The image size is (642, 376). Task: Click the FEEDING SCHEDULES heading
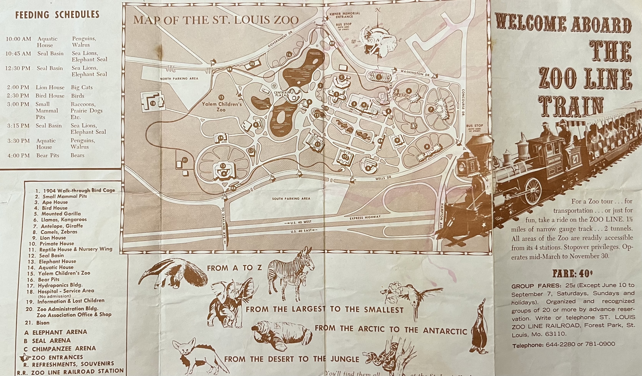click(x=57, y=15)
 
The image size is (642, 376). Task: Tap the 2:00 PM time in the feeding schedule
click(x=18, y=87)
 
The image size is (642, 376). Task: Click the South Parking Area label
click(x=291, y=198)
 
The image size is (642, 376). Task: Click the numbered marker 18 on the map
click(x=153, y=103)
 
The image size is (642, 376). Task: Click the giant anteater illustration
click(x=173, y=274)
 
